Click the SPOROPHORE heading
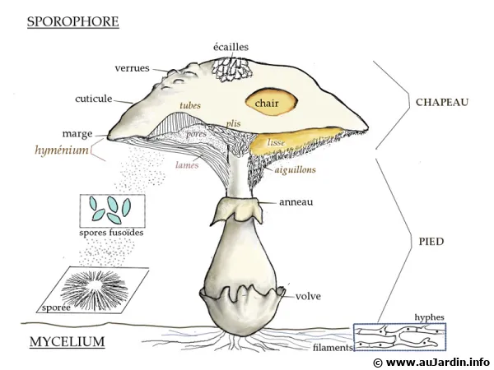coord(73,21)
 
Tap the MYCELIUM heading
coord(67,340)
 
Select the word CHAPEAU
coord(441,103)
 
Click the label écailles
coord(230,48)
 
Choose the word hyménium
coord(62,150)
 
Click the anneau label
coord(296,201)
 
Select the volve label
coord(308,296)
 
